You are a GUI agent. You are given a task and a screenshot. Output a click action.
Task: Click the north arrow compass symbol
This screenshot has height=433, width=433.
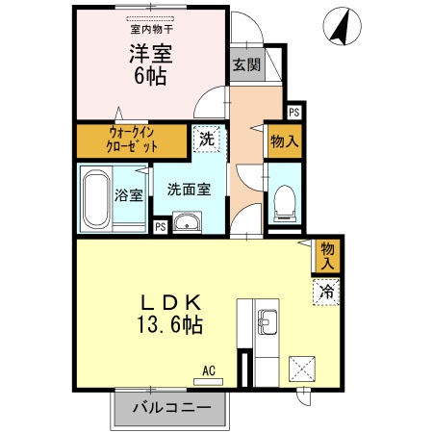click(x=338, y=26)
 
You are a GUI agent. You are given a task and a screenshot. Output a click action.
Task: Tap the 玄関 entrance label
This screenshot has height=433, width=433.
click(x=245, y=65)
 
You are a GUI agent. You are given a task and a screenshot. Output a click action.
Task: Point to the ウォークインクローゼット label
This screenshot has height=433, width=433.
click(x=133, y=140)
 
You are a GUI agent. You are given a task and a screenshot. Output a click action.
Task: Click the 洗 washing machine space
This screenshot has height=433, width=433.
click(x=206, y=139)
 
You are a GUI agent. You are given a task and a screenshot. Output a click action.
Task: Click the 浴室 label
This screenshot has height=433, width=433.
click(x=129, y=195)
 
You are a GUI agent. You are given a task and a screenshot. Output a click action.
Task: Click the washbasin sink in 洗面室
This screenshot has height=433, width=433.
click(x=189, y=225)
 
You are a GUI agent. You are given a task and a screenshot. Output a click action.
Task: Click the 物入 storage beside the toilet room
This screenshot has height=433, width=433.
click(x=285, y=142)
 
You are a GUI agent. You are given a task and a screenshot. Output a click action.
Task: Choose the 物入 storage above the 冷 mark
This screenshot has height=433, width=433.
click(x=327, y=255)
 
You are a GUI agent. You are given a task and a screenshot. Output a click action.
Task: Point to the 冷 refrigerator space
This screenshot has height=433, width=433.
click(x=326, y=290)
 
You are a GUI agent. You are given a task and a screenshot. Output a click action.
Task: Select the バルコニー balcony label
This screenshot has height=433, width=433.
click(x=170, y=408)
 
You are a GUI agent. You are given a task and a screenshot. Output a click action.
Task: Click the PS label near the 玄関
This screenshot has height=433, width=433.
click(x=293, y=112)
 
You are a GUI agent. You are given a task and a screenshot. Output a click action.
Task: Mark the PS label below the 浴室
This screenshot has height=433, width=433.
click(x=160, y=227)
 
